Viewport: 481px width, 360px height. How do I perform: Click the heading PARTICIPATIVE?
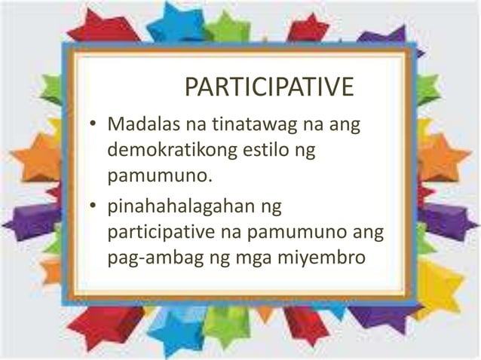pos(269,87)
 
